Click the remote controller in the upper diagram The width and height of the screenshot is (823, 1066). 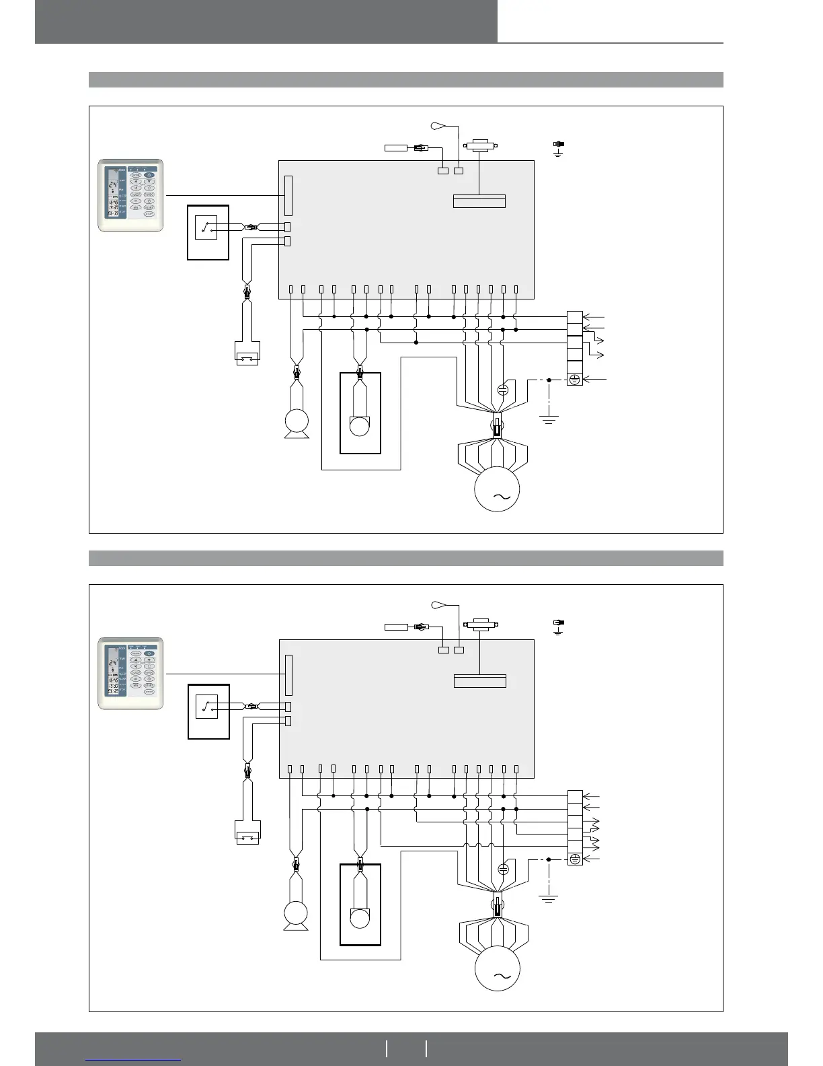(130, 195)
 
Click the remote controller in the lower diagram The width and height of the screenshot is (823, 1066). (130, 674)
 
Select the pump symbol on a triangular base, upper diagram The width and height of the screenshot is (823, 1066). (297, 423)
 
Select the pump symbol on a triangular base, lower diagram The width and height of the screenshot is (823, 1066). (296, 915)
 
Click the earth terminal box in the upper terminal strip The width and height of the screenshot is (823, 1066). (574, 380)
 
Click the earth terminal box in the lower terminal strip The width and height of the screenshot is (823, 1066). (574, 859)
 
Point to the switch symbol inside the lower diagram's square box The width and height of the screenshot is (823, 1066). (207, 707)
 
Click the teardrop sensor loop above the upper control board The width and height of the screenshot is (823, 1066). (438, 125)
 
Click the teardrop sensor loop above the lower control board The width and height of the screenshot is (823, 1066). (438, 604)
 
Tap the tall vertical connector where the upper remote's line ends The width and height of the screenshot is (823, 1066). (288, 195)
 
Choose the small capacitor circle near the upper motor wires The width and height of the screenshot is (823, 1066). (503, 390)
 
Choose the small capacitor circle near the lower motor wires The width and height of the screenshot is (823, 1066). (503, 869)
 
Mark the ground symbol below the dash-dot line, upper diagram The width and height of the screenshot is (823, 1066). (549, 420)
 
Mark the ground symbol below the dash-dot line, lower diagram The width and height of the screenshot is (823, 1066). (549, 898)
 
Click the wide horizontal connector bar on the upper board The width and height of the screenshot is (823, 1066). (479, 201)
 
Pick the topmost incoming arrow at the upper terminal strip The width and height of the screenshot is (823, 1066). (594, 316)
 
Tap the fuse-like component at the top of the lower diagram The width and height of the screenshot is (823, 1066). (479, 624)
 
